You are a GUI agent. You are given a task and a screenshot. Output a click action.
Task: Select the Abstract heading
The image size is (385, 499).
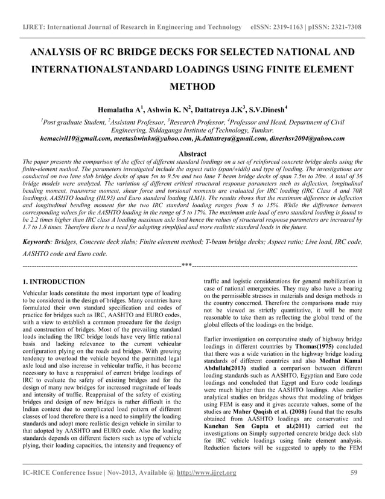point(192,154)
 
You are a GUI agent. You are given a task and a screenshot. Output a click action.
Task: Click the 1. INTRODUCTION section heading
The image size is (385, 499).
point(53,282)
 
